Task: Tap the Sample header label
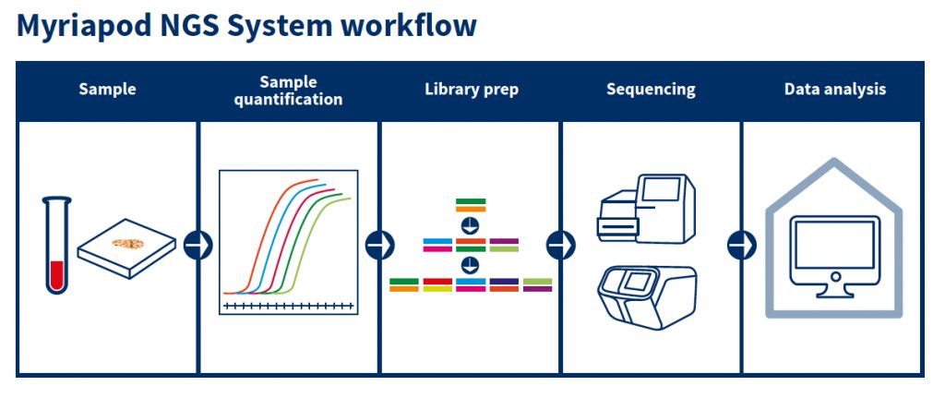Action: pos(107,90)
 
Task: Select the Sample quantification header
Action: pos(288,90)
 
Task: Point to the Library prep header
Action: pos(471,90)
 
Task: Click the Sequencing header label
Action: pos(651,90)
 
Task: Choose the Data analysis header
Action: pos(834,90)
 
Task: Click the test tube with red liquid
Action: pos(57,246)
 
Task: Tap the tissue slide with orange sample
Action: pos(127,247)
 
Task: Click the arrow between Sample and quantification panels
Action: pos(197,245)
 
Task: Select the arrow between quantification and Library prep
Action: pos(378,245)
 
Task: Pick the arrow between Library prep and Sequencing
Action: pos(559,245)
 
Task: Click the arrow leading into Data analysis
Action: pos(740,245)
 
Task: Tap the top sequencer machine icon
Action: pos(647,209)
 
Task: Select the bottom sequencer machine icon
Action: pos(647,295)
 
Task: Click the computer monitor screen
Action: pos(834,244)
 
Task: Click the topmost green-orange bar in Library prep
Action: pos(471,205)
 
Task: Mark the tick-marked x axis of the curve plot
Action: pos(288,305)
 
